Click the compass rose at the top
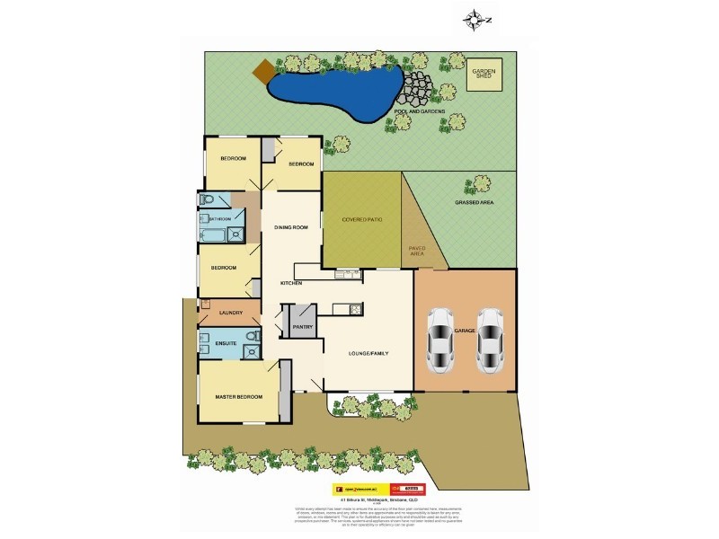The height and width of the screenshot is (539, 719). pyautogui.click(x=474, y=18)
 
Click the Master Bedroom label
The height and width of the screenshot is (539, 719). pyautogui.click(x=239, y=396)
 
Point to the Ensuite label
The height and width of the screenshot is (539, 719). pyautogui.click(x=226, y=343)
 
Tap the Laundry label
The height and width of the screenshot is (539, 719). pyautogui.click(x=230, y=313)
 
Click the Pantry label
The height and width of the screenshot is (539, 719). pyautogui.click(x=303, y=327)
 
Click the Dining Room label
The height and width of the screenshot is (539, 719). pyautogui.click(x=291, y=227)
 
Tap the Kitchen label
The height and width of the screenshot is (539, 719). pyautogui.click(x=290, y=283)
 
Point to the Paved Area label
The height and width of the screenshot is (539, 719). pyautogui.click(x=417, y=251)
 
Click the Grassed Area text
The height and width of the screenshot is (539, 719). pyautogui.click(x=475, y=203)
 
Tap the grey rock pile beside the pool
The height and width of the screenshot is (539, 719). pyautogui.click(x=415, y=90)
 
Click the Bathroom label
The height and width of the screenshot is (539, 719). pyautogui.click(x=220, y=219)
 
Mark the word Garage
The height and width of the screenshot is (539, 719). pyautogui.click(x=465, y=331)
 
